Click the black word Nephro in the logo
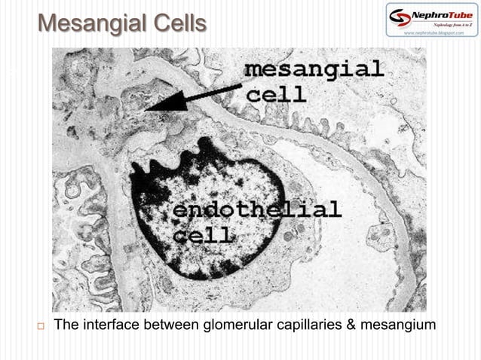click(426, 14)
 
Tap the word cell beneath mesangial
click(277, 94)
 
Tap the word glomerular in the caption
click(237, 326)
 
